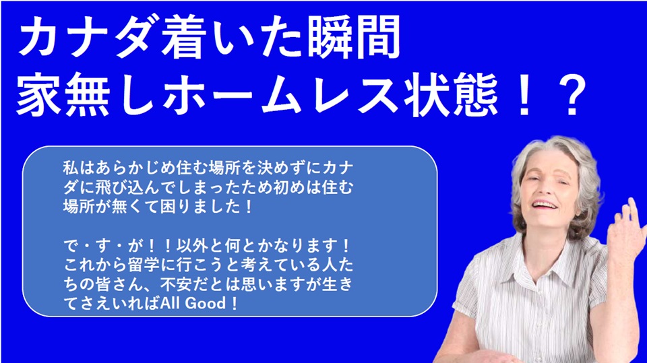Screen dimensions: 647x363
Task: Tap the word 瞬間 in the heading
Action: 355,38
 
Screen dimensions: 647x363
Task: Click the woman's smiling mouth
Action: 545,205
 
